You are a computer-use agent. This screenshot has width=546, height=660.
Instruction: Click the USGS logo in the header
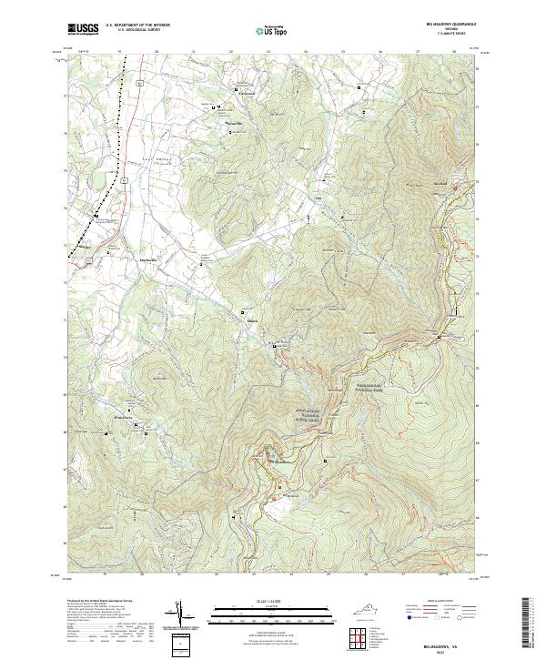pos(83,29)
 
